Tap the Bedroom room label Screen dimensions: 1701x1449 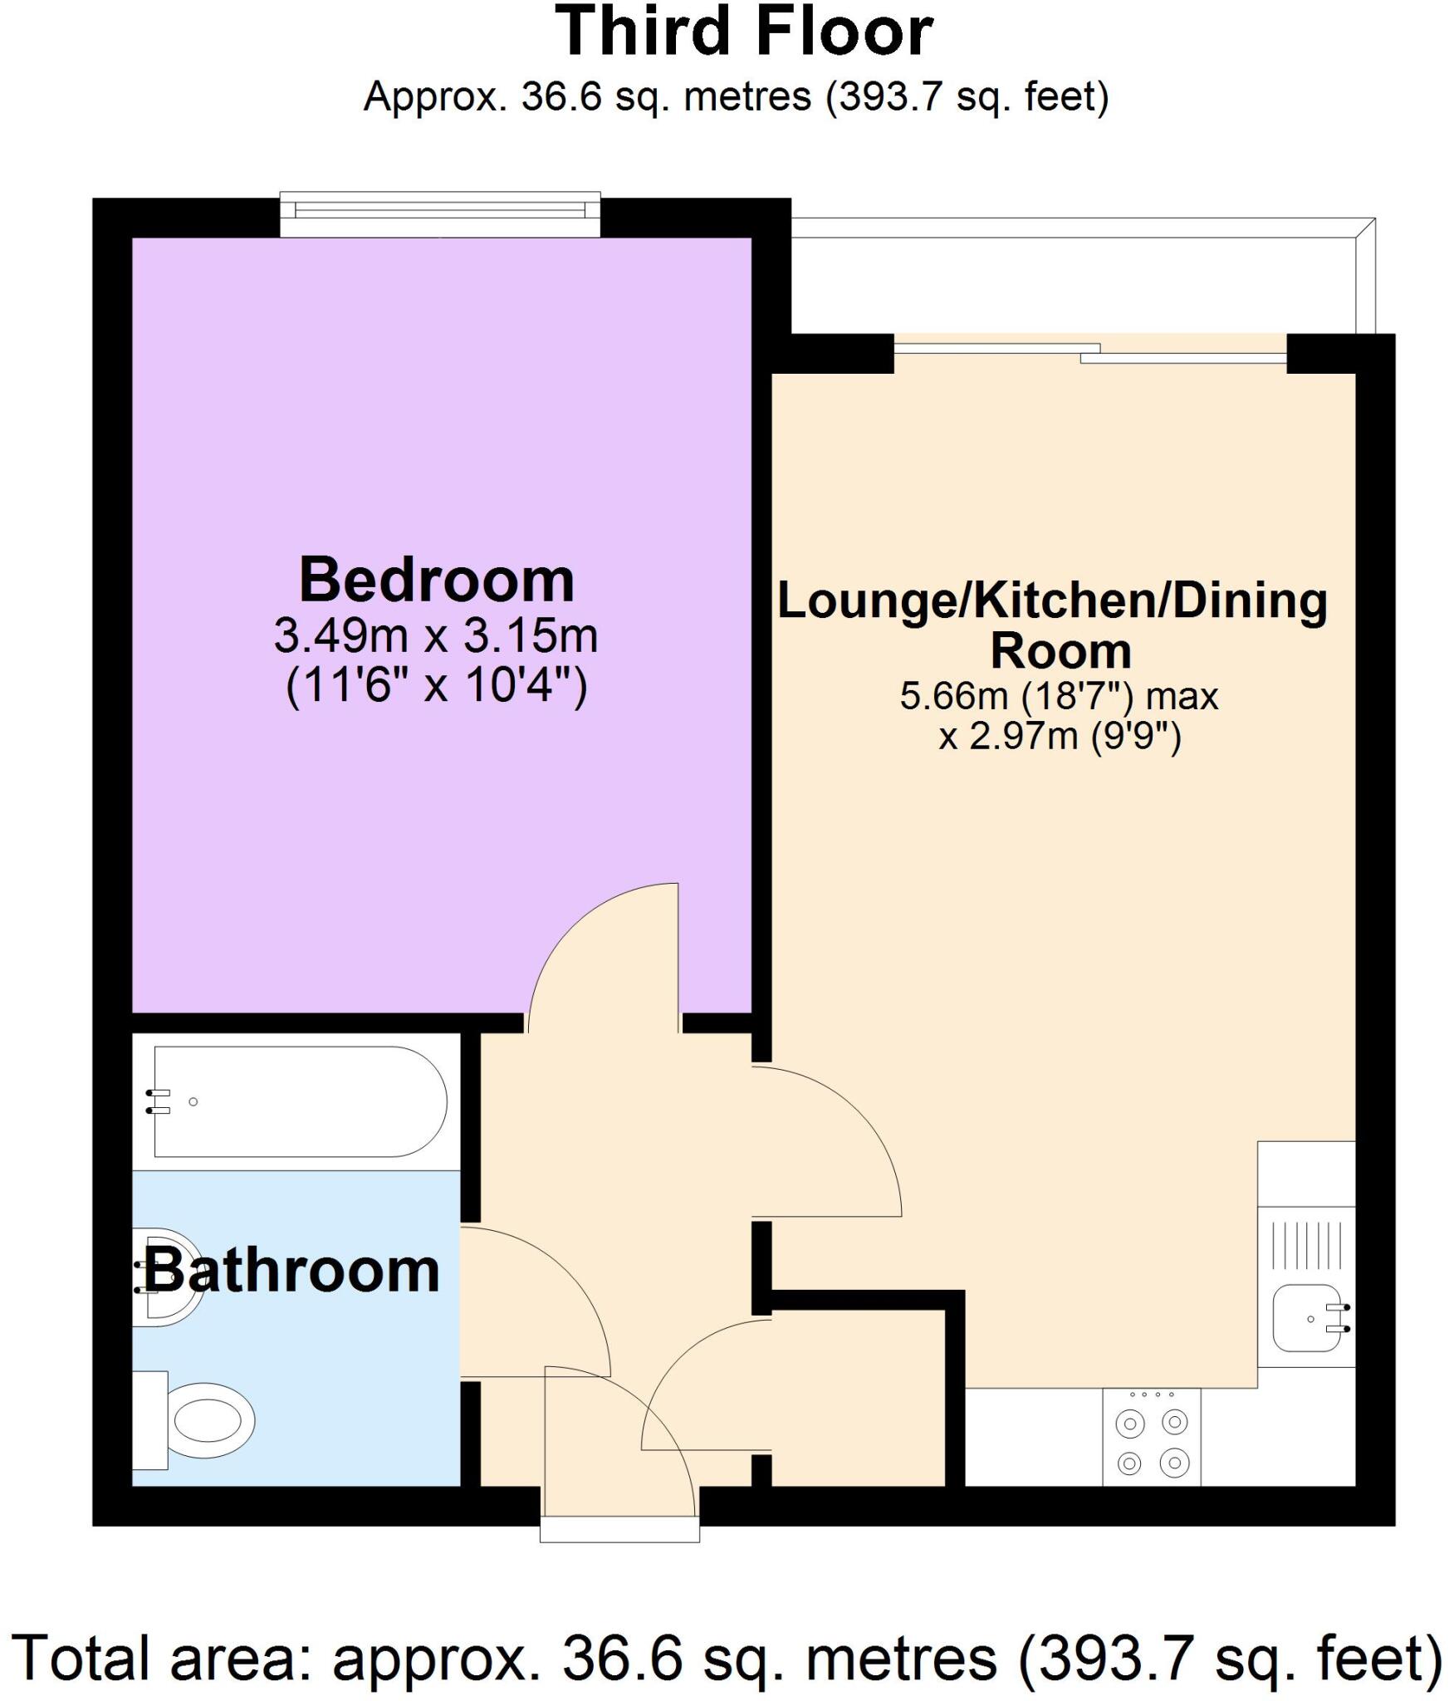(x=437, y=581)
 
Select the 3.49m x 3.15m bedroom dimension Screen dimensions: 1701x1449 (x=436, y=636)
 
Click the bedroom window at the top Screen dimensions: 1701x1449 (x=439, y=214)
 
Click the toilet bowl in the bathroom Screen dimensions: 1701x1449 (x=212, y=1420)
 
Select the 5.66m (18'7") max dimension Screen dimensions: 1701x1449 (x=1059, y=696)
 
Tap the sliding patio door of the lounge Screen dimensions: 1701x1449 (x=1089, y=353)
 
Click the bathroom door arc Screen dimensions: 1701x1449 (x=548, y=1296)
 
